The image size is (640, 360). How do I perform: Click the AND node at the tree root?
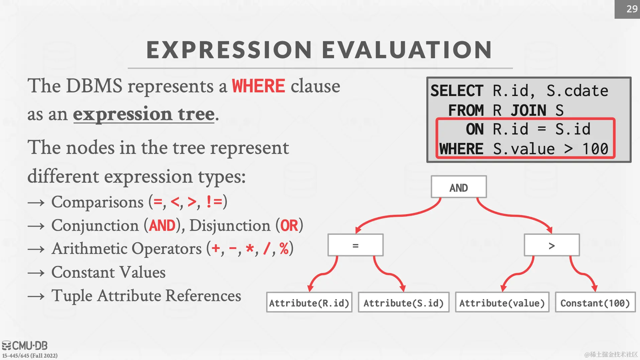(458, 187)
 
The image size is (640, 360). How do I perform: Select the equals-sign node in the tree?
(355, 245)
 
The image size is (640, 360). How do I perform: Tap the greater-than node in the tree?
(552, 245)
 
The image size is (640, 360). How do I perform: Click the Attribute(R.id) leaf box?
(309, 302)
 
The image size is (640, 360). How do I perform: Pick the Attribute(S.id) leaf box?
(404, 302)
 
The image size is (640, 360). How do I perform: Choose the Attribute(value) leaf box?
(502, 302)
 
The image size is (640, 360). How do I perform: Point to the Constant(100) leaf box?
(595, 302)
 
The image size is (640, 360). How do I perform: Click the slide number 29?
(632, 9)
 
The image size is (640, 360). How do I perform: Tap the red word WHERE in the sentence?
(258, 86)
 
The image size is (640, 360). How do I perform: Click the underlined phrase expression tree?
(144, 114)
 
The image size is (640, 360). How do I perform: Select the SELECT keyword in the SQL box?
(457, 91)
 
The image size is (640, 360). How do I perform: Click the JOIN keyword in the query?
(529, 110)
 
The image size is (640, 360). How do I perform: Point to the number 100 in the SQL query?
(595, 149)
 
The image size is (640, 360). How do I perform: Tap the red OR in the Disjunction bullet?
(289, 226)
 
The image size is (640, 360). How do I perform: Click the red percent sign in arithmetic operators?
(284, 249)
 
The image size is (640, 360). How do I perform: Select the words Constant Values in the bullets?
(108, 272)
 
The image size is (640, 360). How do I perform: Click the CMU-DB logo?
(25, 345)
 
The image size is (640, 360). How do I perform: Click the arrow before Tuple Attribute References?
(36, 296)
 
